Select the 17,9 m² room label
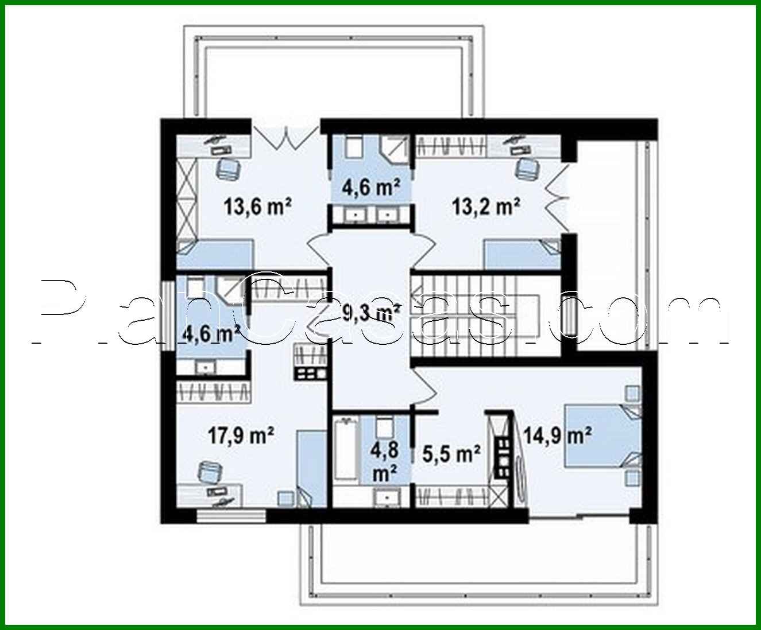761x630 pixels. (240, 435)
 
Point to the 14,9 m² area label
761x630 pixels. (557, 435)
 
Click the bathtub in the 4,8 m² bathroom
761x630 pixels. (346, 460)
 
